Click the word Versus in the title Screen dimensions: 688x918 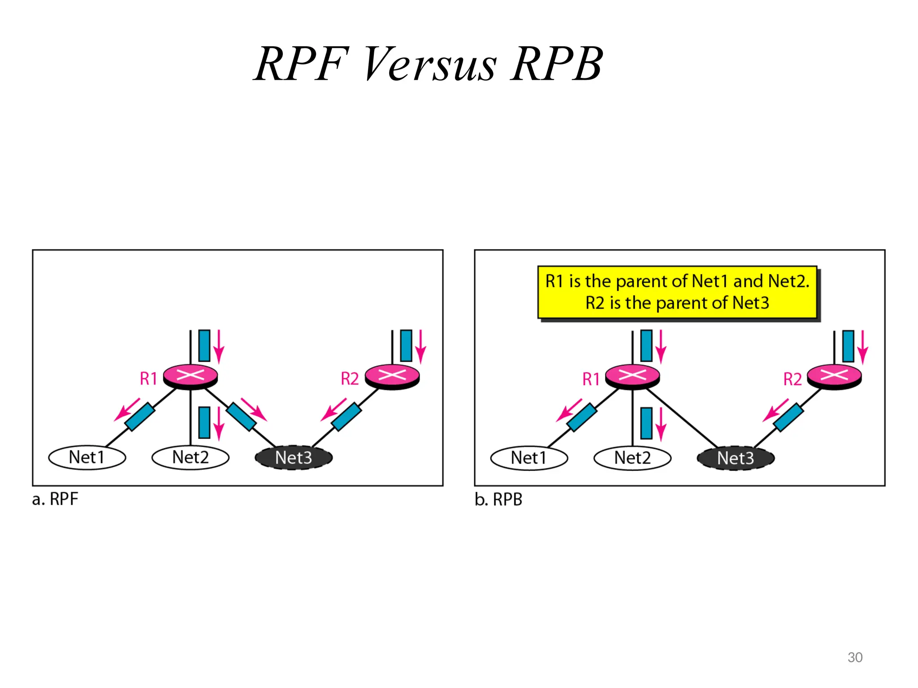[429, 65]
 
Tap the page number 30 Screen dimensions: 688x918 [855, 657]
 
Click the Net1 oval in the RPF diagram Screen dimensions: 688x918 [87, 457]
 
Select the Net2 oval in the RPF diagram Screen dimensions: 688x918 [191, 457]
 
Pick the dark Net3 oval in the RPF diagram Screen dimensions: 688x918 [294, 458]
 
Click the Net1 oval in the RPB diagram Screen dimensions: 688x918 [529, 458]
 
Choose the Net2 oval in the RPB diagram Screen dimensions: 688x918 [632, 458]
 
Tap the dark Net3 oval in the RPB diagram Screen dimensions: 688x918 [736, 458]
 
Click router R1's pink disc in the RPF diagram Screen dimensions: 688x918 [191, 375]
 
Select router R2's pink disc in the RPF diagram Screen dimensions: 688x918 [392, 375]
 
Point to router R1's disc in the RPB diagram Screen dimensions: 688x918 [632, 375]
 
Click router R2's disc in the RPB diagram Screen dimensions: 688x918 [834, 375]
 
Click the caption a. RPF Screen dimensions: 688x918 [55, 499]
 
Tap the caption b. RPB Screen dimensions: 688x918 [498, 499]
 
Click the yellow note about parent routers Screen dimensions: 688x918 [677, 292]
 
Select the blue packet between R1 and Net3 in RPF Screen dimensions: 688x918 [241, 417]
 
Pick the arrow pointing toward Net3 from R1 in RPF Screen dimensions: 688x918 [254, 409]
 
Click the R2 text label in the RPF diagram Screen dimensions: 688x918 [350, 379]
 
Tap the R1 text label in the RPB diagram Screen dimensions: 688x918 [591, 379]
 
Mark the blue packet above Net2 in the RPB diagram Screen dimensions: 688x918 [646, 423]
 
